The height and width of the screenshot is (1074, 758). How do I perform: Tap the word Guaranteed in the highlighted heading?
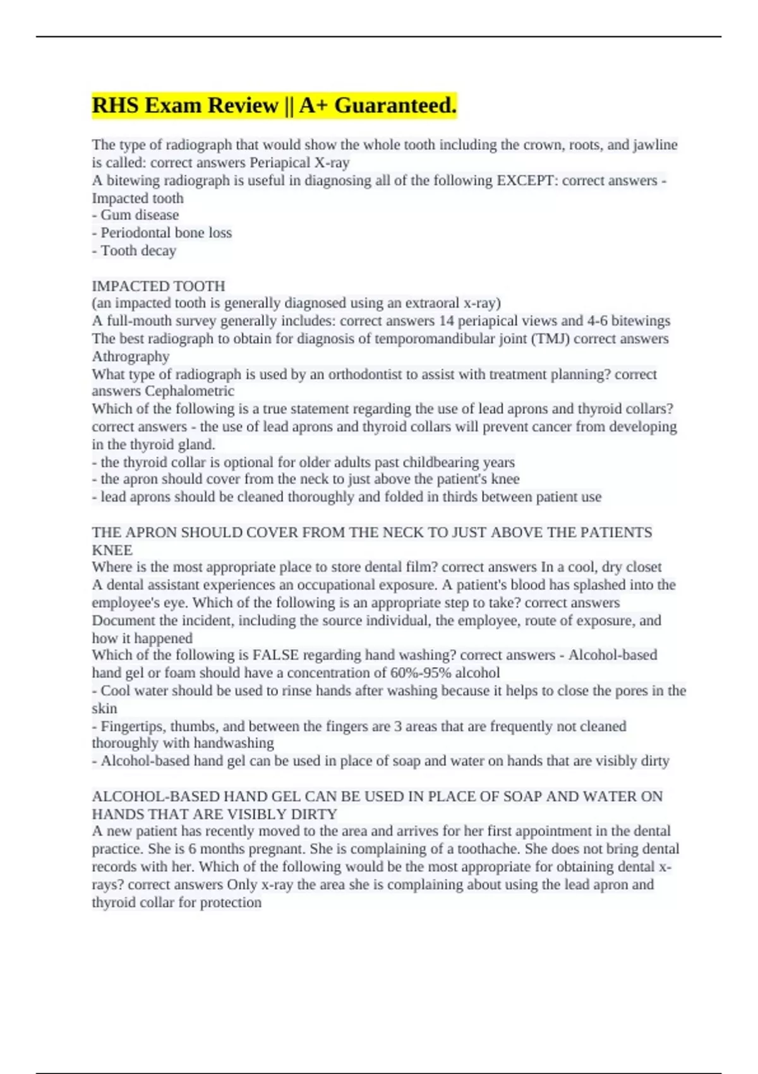pos(395,106)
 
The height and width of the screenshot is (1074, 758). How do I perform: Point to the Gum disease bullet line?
pos(136,215)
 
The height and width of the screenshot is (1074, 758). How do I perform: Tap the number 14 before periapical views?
pos(447,321)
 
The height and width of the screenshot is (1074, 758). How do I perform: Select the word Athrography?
pos(131,356)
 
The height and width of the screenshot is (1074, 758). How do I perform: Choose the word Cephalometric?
pos(189,391)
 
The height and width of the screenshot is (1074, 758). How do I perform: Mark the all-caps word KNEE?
pos(112,550)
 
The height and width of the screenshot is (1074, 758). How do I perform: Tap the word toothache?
pos(488,849)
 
